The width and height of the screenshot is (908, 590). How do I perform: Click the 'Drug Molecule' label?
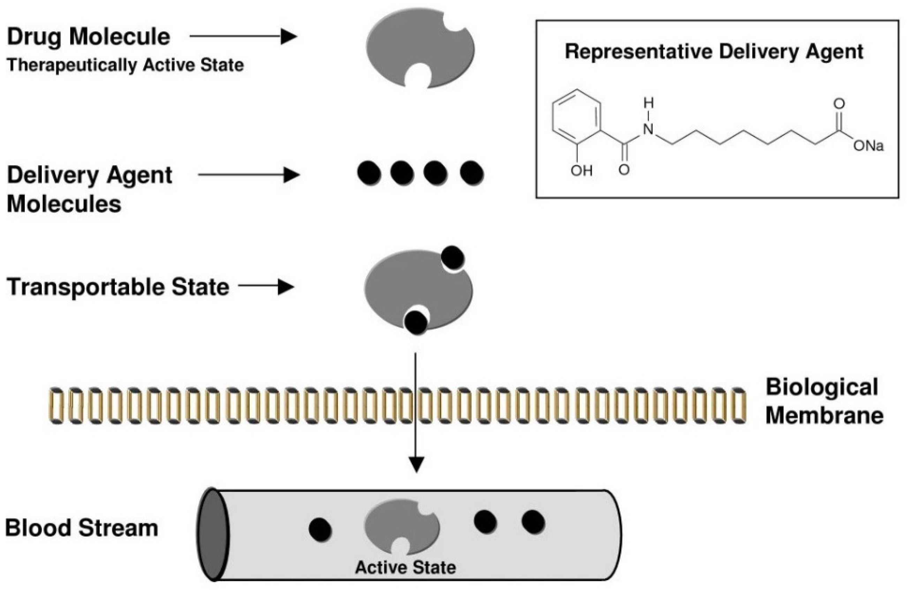(x=89, y=37)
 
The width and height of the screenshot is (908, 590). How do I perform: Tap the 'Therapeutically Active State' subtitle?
(x=125, y=65)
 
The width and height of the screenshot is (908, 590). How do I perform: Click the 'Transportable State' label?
(x=118, y=287)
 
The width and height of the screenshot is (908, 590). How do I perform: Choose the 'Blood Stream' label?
(x=81, y=528)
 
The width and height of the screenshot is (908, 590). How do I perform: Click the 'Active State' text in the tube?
(x=405, y=567)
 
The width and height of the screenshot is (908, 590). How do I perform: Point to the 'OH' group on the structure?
(x=581, y=171)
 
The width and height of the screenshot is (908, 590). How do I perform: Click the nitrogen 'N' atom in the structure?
(x=648, y=129)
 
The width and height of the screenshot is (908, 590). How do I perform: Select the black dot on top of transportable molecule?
(x=453, y=258)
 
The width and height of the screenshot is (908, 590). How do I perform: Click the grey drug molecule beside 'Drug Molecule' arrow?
(x=420, y=49)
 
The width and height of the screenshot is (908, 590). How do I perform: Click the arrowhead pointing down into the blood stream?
(x=417, y=465)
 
